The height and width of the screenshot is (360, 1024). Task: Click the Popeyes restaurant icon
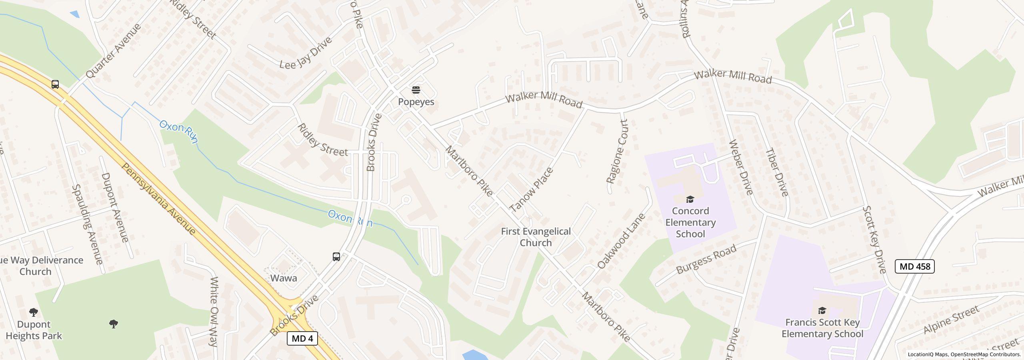coord(416,90)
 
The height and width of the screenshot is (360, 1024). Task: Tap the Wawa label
coord(284,278)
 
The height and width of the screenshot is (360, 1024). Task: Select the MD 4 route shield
coord(302,338)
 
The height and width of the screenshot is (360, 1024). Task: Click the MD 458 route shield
coord(914,266)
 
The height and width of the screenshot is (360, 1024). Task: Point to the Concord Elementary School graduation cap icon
coord(690,199)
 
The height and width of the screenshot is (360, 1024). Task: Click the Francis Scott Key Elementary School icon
coord(822,310)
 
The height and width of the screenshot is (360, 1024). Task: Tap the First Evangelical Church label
coord(536,237)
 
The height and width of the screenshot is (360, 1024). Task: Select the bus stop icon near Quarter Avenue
coord(55,84)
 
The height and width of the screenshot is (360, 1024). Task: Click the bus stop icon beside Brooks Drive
coord(336,257)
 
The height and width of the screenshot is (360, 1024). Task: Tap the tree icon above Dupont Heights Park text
coord(34,312)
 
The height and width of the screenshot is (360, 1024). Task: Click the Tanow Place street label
coord(532,190)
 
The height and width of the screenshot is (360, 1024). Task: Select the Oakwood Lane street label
coord(621,241)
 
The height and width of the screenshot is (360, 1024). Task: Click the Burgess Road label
coord(706,260)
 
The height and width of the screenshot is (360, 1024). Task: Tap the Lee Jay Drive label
coord(306,53)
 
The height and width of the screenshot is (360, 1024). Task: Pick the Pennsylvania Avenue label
coord(159,199)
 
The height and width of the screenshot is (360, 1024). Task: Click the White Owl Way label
coord(214,311)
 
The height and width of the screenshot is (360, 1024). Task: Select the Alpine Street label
coord(951,320)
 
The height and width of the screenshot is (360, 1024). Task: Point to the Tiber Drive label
coord(777,172)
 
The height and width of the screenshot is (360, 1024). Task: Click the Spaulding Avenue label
coord(88,224)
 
